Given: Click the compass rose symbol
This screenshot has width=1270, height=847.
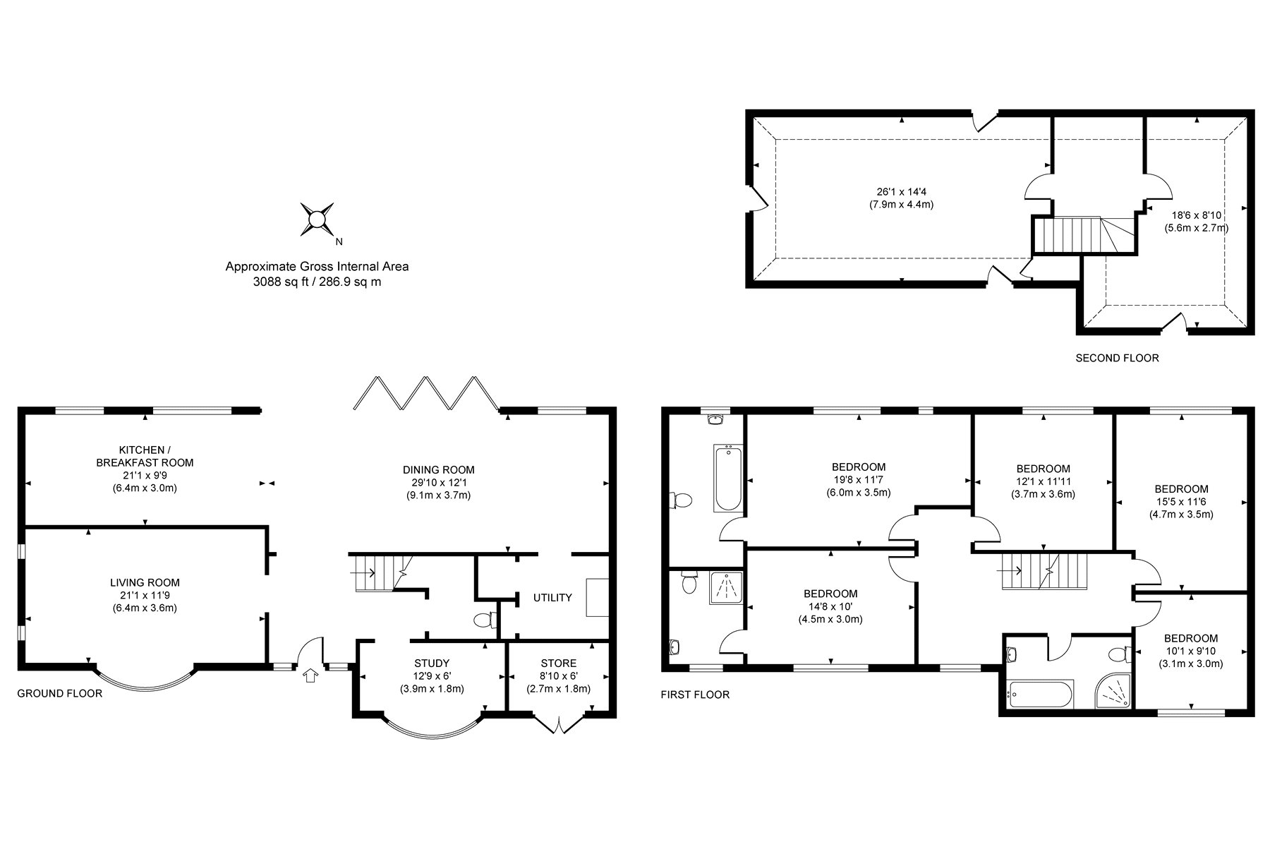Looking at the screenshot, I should coord(317,219).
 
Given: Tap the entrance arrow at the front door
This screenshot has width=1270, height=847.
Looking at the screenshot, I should coord(308,676).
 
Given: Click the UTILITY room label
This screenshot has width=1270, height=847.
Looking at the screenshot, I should coord(552,598).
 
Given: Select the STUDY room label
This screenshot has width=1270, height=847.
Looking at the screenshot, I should coord(431,663).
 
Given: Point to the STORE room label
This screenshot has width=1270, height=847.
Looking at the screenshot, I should coord(558,663).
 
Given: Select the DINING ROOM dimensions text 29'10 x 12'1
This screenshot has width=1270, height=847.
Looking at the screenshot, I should coord(438,483).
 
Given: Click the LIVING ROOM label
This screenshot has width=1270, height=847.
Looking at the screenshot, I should coord(145,582).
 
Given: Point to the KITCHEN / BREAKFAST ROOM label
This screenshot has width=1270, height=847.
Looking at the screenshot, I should coord(145,456).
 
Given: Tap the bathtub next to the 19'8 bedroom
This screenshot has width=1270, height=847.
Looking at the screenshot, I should coord(727,478).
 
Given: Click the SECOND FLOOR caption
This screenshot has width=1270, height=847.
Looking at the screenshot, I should coord(1116,358).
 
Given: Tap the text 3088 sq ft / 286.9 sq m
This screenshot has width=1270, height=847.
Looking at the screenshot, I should coord(317,282).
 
